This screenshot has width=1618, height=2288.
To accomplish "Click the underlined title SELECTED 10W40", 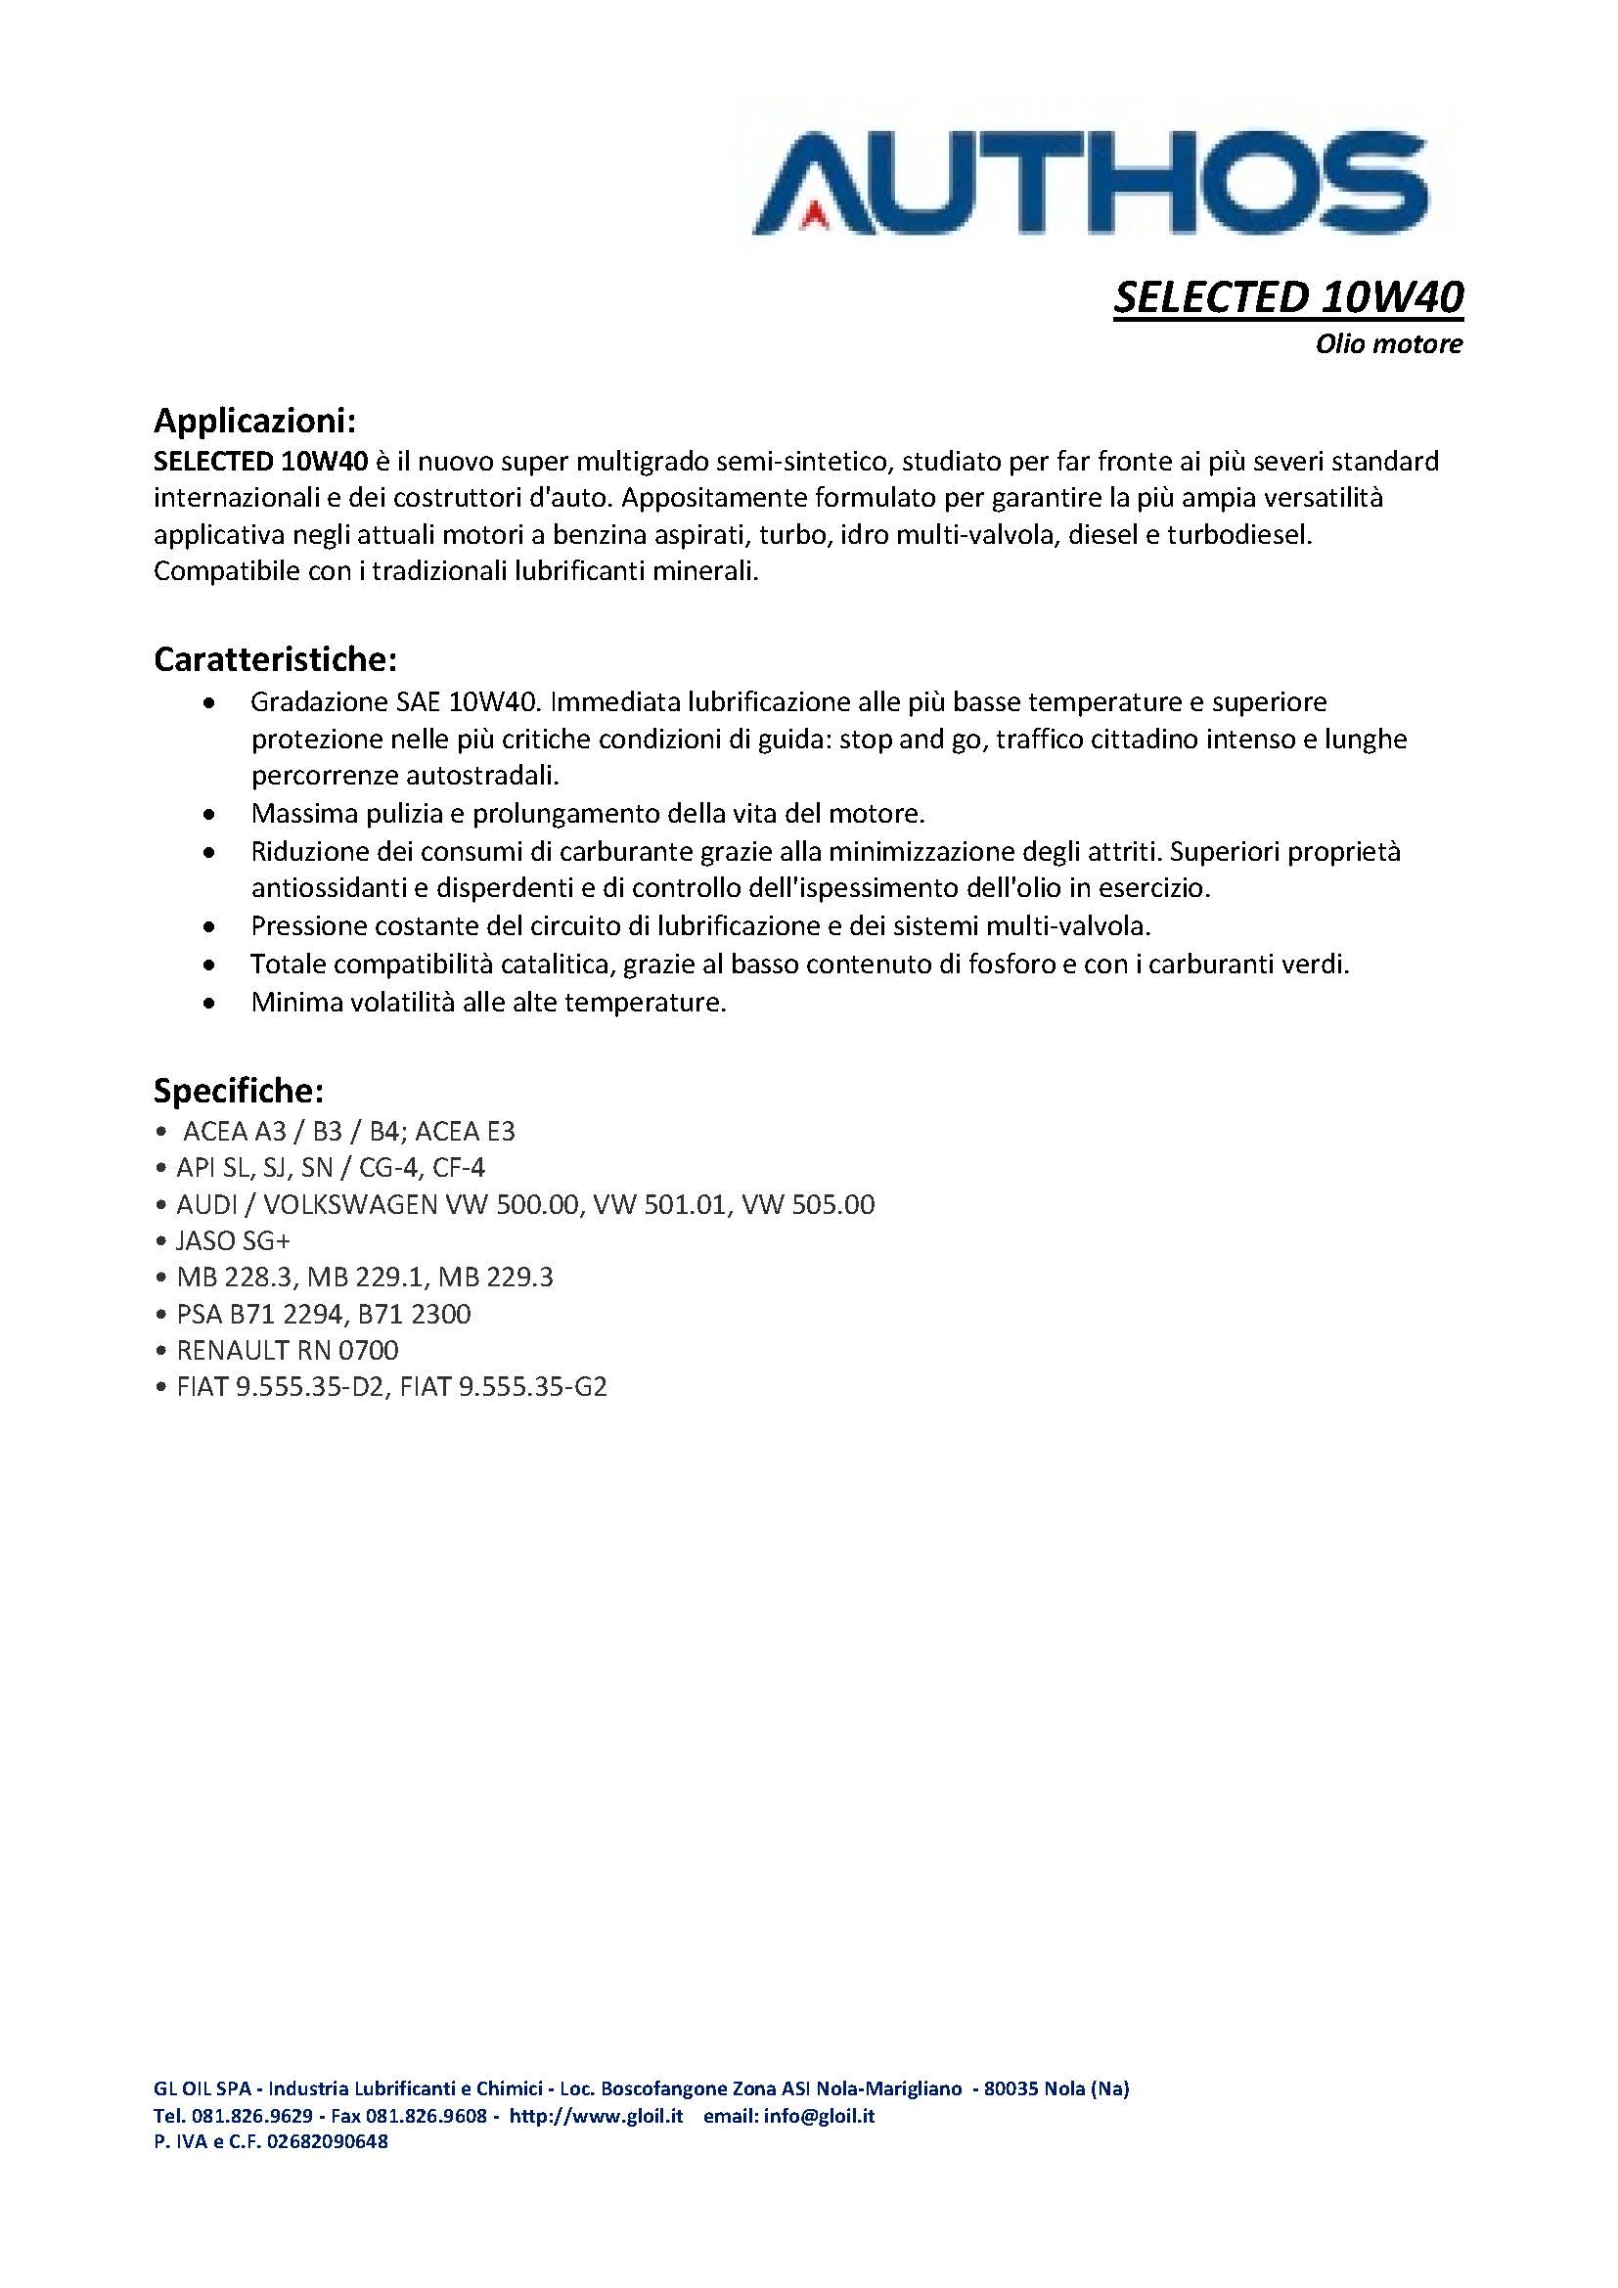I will (x=1287, y=297).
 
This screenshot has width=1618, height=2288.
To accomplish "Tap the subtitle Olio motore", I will (x=1388, y=344).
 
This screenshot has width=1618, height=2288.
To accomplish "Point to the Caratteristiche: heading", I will (x=276, y=659).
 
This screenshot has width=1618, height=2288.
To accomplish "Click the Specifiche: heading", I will (x=238, y=1092).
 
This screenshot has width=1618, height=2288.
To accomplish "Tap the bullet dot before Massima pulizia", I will (x=208, y=815).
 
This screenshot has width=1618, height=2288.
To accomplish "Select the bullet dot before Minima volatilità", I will (x=208, y=1004).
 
